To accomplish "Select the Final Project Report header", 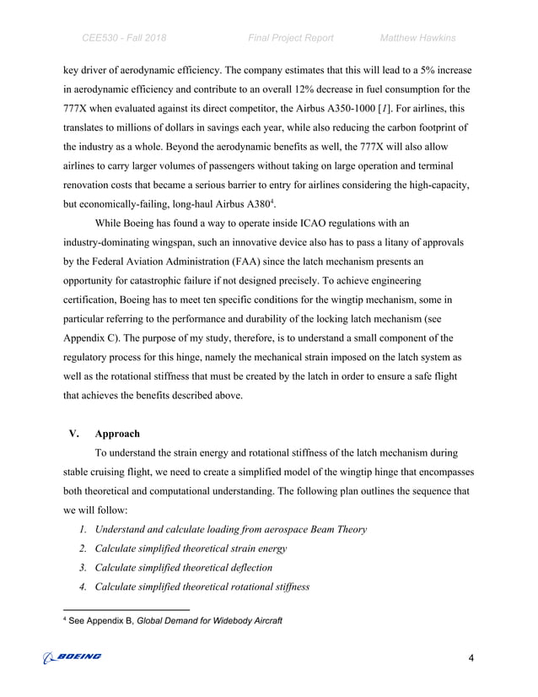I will [x=291, y=38].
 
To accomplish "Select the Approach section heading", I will [x=117, y=435].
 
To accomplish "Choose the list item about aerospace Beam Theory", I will [x=230, y=529].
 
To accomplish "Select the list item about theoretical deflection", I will [x=184, y=567].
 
